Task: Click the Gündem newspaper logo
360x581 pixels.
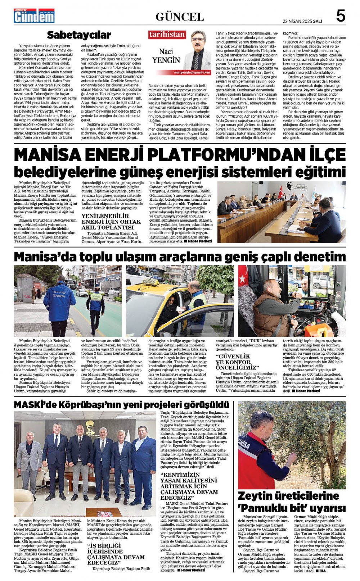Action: [34, 16]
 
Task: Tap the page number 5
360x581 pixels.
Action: [340, 16]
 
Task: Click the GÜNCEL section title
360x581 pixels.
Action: [180, 17]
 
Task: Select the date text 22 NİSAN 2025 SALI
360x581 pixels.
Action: [302, 21]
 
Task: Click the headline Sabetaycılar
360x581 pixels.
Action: [79, 35]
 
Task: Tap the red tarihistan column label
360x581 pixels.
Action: [167, 35]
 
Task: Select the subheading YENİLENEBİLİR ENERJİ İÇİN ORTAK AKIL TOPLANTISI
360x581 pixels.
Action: [107, 222]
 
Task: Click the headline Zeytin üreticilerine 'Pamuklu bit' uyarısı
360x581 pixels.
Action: [292, 502]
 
